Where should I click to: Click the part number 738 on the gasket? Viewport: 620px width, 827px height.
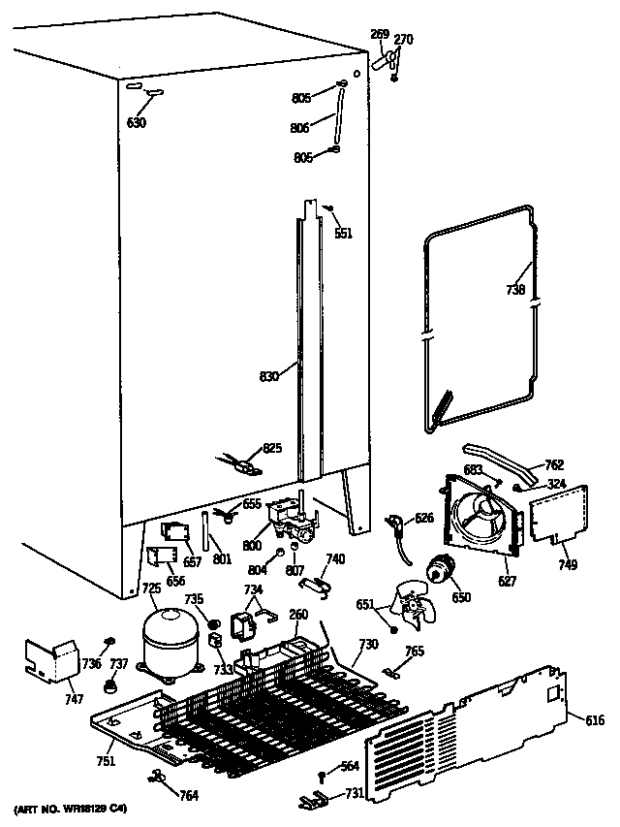pyautogui.click(x=515, y=289)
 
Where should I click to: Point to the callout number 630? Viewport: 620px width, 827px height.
pyautogui.click(x=138, y=122)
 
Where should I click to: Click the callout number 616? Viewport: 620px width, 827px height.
pyautogui.click(x=595, y=718)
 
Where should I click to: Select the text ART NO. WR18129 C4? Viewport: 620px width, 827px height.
pyautogui.click(x=70, y=808)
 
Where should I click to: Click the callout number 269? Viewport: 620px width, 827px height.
pyautogui.click(x=380, y=35)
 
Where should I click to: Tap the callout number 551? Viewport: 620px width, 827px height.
pyautogui.click(x=343, y=233)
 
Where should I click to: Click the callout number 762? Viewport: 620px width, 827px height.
pyautogui.click(x=554, y=465)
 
